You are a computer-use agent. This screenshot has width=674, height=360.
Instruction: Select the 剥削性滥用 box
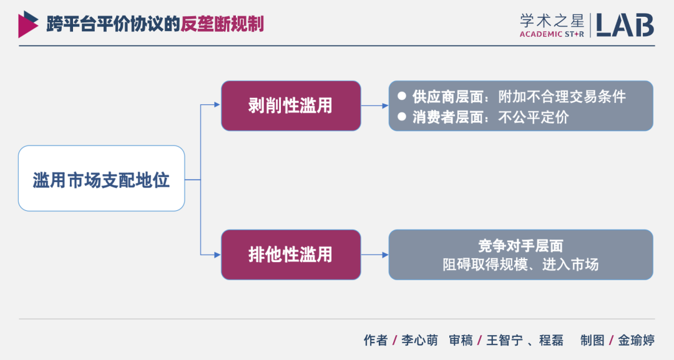pyautogui.click(x=291, y=105)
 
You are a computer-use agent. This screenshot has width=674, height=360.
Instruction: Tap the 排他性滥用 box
pyautogui.click(x=291, y=255)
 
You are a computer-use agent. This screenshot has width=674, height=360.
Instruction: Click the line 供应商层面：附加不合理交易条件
pyautogui.click(x=519, y=97)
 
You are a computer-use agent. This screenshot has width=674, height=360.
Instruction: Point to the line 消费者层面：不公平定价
pyautogui.click(x=491, y=117)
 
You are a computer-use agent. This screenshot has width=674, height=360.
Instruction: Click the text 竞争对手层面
pyautogui.click(x=520, y=245)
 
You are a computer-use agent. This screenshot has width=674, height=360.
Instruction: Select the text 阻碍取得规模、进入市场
pyautogui.click(x=520, y=265)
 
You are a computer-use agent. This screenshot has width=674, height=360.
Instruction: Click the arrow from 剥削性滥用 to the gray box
pyautogui.click(x=375, y=105)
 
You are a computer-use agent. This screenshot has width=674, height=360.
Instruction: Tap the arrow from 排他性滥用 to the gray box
pyautogui.click(x=375, y=255)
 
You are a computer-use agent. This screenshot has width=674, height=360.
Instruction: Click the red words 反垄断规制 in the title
pyautogui.click(x=222, y=24)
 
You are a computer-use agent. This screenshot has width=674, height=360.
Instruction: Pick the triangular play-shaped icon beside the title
pyautogui.click(x=27, y=24)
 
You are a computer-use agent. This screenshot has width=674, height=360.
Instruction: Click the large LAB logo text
pyautogui.click(x=625, y=24)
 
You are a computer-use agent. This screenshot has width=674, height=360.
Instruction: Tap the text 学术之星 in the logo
pyautogui.click(x=552, y=19)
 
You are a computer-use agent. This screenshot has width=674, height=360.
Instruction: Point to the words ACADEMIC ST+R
pyautogui.click(x=552, y=34)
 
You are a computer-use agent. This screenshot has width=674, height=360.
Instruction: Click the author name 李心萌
pyautogui.click(x=419, y=341)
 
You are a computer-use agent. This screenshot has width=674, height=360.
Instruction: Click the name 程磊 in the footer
pyautogui.click(x=552, y=341)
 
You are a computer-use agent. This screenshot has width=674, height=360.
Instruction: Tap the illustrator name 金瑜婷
pyautogui.click(x=637, y=341)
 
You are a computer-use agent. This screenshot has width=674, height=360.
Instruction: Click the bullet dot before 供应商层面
pyautogui.click(x=402, y=97)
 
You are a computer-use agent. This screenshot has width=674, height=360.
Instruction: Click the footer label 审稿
pyautogui.click(x=461, y=341)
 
